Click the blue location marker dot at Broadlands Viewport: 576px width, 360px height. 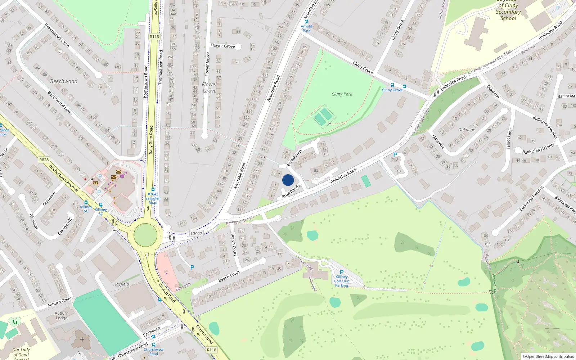288,180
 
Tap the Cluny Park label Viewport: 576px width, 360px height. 342,94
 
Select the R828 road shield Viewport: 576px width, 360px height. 44,160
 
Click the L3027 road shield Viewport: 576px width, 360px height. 197,234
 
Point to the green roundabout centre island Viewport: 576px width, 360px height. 145,235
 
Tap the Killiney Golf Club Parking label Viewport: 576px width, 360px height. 342,281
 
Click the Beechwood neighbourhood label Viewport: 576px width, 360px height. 64,81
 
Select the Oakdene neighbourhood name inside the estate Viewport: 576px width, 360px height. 467,130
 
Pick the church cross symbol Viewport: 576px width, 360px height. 82,339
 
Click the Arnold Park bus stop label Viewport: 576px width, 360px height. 306,28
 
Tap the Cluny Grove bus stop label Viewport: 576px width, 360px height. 392,90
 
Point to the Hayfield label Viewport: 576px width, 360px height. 121,284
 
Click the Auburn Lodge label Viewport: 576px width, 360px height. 62,316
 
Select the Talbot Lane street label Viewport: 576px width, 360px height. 509,139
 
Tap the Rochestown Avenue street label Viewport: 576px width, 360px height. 63,178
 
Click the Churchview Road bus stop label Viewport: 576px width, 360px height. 154,352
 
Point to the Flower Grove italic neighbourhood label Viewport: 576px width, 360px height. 210,87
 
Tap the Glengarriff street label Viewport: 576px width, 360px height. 65,226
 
